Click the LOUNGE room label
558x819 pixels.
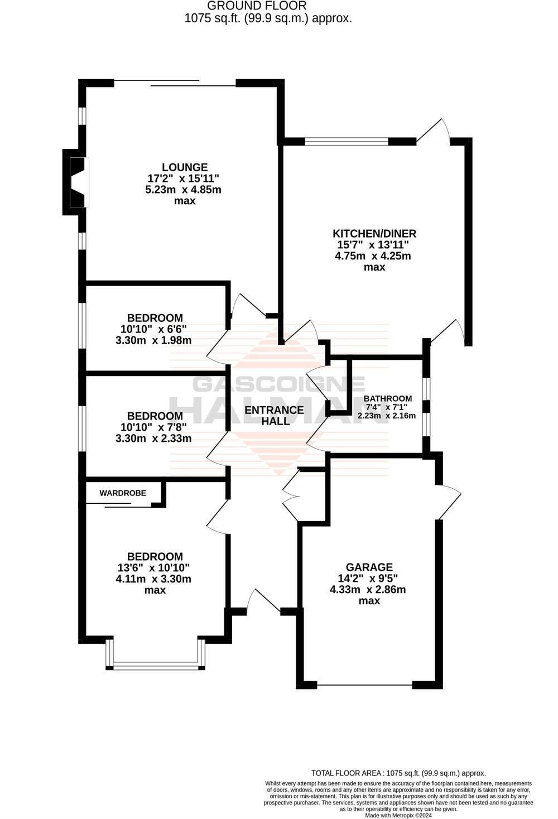click(x=185, y=167)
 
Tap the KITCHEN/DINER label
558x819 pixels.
click(x=374, y=233)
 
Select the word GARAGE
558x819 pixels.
click(x=369, y=567)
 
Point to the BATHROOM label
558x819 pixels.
click(x=388, y=398)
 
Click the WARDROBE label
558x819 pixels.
click(x=123, y=493)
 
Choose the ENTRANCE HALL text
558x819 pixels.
click(x=274, y=415)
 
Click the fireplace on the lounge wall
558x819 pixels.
click(x=76, y=182)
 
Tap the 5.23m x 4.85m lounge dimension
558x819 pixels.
click(x=183, y=190)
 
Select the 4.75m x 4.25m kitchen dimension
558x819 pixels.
click(x=373, y=256)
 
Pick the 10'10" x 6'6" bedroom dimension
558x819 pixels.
click(x=153, y=329)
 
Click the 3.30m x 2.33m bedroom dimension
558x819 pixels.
click(x=153, y=439)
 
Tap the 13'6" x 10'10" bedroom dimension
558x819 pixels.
click(x=153, y=568)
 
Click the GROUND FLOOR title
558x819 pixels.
click(x=257, y=6)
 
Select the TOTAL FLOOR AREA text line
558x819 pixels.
click(x=398, y=773)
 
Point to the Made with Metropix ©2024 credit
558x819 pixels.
click(x=398, y=815)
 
